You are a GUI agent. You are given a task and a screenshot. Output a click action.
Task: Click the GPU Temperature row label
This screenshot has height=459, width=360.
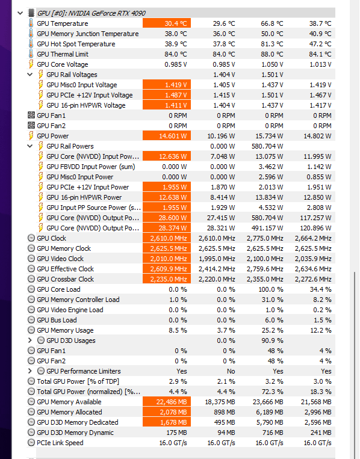[x=63, y=23]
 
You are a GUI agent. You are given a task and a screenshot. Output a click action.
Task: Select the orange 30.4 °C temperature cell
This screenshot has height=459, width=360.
[x=167, y=23]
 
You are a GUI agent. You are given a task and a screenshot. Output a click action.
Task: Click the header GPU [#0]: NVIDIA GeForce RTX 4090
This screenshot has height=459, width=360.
[x=91, y=13]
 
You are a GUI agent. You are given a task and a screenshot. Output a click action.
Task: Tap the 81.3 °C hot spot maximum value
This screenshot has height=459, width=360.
[x=272, y=44]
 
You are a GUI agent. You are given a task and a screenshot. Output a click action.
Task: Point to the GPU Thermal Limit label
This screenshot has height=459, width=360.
[x=63, y=54]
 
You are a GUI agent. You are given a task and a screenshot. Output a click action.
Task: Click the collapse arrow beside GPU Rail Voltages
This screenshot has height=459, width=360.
[x=30, y=75]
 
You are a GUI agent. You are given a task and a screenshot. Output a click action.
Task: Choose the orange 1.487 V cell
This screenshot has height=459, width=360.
[x=167, y=95]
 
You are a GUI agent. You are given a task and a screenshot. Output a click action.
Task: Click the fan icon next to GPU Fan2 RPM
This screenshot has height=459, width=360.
[x=31, y=125]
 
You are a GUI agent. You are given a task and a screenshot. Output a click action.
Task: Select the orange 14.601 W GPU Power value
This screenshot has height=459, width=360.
[x=167, y=136]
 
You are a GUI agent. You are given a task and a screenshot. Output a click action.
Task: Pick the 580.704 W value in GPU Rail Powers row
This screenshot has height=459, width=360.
[x=267, y=146]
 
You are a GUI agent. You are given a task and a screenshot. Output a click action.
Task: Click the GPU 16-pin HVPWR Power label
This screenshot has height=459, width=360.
[x=84, y=197]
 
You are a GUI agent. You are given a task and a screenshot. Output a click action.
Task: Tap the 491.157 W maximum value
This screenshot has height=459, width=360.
[x=267, y=228]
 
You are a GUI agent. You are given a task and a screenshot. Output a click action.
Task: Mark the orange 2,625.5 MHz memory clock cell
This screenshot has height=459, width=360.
[x=167, y=248]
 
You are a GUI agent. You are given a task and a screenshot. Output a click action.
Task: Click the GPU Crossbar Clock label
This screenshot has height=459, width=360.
[x=66, y=279]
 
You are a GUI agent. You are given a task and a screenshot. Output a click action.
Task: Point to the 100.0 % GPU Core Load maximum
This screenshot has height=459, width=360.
[x=271, y=289]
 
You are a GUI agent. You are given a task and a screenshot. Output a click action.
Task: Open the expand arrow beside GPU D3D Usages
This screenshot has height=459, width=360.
[x=30, y=340]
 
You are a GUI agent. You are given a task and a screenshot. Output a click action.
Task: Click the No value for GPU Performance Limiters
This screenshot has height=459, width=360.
[x=231, y=371]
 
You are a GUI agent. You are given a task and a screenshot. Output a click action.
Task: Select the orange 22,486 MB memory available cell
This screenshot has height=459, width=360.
[x=167, y=402]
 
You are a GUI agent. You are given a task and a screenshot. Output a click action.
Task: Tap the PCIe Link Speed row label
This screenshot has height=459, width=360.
[x=60, y=443]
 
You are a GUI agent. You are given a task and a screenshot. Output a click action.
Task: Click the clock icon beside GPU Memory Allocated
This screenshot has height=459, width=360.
[x=31, y=412]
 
